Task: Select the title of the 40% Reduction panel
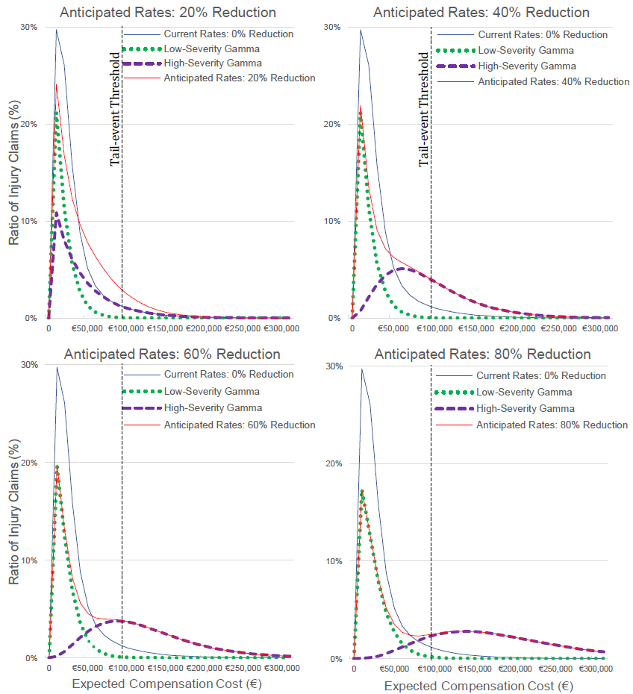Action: click(x=481, y=13)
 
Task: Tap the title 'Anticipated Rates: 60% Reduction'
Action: click(x=172, y=354)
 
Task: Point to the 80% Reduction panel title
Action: click(x=482, y=354)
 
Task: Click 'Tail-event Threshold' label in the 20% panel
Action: click(x=115, y=108)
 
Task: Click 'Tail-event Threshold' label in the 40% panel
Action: click(x=424, y=108)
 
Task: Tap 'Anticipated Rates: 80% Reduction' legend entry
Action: click(x=552, y=425)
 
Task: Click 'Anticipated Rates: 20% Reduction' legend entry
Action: click(x=239, y=78)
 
